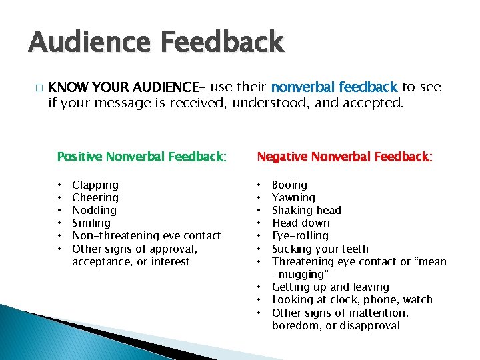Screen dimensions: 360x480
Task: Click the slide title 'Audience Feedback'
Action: point(156,43)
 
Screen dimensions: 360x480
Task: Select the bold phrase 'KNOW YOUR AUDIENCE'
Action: point(123,87)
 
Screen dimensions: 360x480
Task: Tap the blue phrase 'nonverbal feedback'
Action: point(334,87)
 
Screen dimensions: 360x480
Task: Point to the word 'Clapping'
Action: point(95,185)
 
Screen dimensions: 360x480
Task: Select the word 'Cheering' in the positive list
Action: point(95,197)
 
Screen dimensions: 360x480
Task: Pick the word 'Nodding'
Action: point(94,210)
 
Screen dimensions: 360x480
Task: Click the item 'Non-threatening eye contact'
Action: point(146,235)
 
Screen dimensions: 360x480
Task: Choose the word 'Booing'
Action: point(290,185)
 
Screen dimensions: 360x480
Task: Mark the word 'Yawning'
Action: point(293,197)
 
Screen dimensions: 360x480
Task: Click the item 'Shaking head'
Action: point(307,210)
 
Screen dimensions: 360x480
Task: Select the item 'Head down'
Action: point(301,223)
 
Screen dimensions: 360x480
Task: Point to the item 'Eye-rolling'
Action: point(300,235)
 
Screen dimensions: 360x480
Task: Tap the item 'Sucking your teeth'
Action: point(320,249)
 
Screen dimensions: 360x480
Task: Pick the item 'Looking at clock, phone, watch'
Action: point(352,299)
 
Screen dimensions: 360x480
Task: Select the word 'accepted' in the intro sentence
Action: point(375,103)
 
